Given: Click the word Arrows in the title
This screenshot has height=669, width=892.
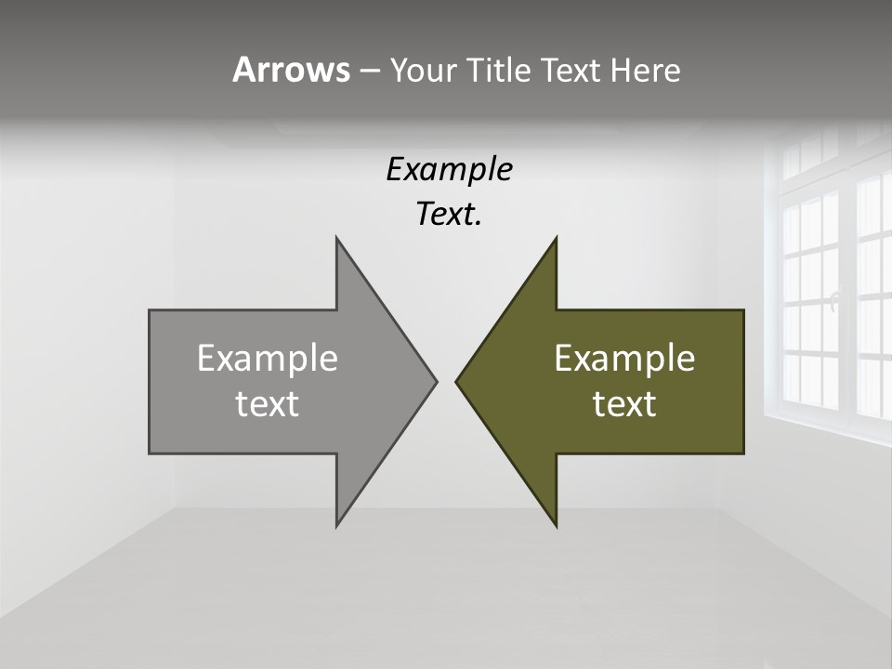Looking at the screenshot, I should coord(291,71).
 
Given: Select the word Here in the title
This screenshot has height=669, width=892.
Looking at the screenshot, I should coord(645,71).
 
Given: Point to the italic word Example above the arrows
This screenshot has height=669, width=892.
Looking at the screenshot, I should coord(449,169).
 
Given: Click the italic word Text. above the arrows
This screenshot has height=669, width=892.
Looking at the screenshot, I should coord(449,215).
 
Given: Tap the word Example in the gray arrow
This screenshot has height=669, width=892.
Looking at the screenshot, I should coord(268,358).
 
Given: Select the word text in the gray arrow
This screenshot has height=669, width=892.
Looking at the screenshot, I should coord(268,403).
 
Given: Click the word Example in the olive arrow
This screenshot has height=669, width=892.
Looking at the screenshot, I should coord(624,358).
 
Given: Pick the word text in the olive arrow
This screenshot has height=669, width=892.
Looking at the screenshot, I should coord(624,403).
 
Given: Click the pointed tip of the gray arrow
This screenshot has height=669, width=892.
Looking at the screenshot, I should coord(436,381).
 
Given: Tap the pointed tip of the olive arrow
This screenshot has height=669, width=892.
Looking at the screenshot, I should coord(456,381).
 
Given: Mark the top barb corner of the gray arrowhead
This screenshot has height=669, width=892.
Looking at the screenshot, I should coord(336,238).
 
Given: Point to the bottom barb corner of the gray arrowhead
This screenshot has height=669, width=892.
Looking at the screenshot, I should coord(336,526).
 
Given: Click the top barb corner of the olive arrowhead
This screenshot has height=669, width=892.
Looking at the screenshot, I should coord(556,238).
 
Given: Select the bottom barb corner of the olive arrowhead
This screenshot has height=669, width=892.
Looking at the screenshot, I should coord(556,526).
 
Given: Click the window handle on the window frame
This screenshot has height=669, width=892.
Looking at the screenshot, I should coord(834,299).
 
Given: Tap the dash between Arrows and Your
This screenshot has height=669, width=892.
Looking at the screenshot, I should coord(369,72).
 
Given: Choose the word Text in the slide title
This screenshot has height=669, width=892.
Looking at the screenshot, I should coord(571,71).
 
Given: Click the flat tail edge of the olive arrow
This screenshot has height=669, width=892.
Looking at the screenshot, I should coord(743,381).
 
